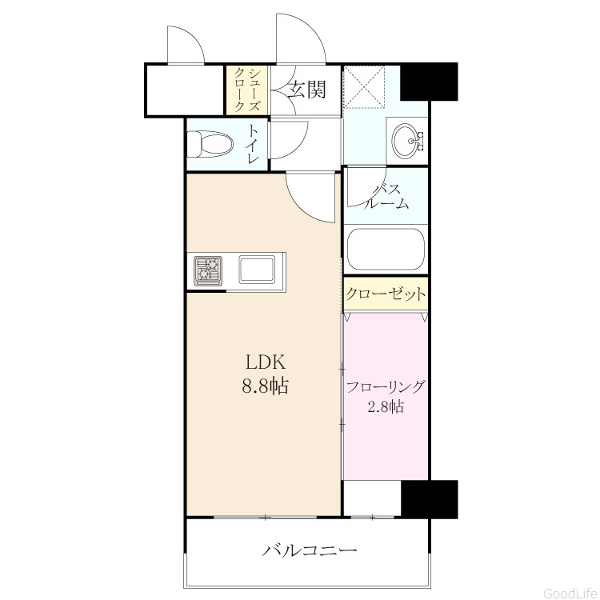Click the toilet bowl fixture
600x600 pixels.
tap(210, 144)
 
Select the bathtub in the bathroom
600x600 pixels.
tap(386, 249)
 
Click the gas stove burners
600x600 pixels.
tap(209, 271)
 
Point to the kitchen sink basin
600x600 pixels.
tap(256, 270)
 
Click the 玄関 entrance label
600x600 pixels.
tap(307, 90)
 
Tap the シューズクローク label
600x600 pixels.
tap(247, 90)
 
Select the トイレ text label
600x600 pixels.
tap(252, 143)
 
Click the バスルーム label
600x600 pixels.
tap(386, 196)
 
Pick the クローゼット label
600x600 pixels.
tap(386, 294)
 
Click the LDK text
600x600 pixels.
tap(265, 362)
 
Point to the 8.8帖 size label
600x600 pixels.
tap(265, 386)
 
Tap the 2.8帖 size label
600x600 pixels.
tap(386, 406)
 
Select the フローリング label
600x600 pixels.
tap(386, 386)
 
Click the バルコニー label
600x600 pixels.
tap(309, 550)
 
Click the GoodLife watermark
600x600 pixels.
tap(570, 594)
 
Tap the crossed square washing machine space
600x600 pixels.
tap(363, 87)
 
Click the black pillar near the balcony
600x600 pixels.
tap(430, 499)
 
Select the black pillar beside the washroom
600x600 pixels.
tap(429, 82)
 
